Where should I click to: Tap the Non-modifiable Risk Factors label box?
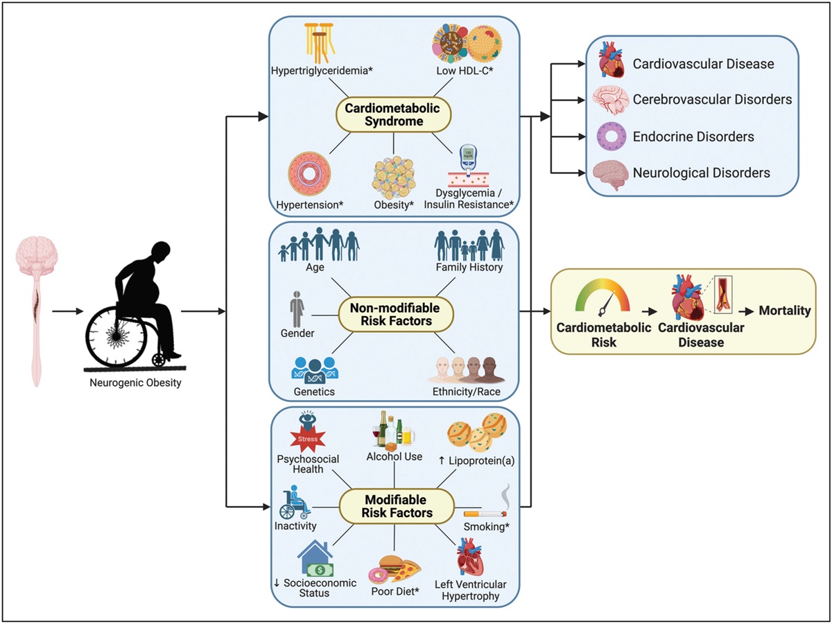pos(395,314)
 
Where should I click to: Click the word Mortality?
pos(784,311)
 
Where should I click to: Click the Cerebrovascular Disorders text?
pos(712,100)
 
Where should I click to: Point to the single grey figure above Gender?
pos(296,307)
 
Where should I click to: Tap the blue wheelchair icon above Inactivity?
pos(295,504)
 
